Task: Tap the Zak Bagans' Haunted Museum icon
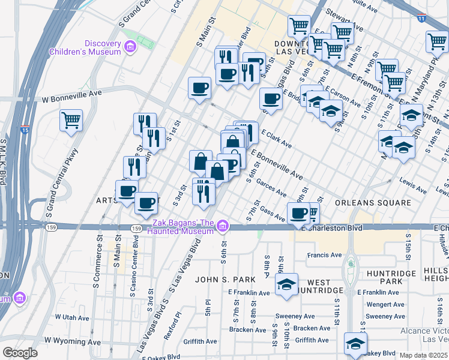click(x=223, y=226)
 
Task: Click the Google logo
click(x=20, y=353)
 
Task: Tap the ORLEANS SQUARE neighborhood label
click(x=373, y=203)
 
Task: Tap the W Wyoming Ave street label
click(x=72, y=341)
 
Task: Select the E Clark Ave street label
click(x=276, y=140)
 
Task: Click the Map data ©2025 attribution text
click(x=423, y=355)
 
